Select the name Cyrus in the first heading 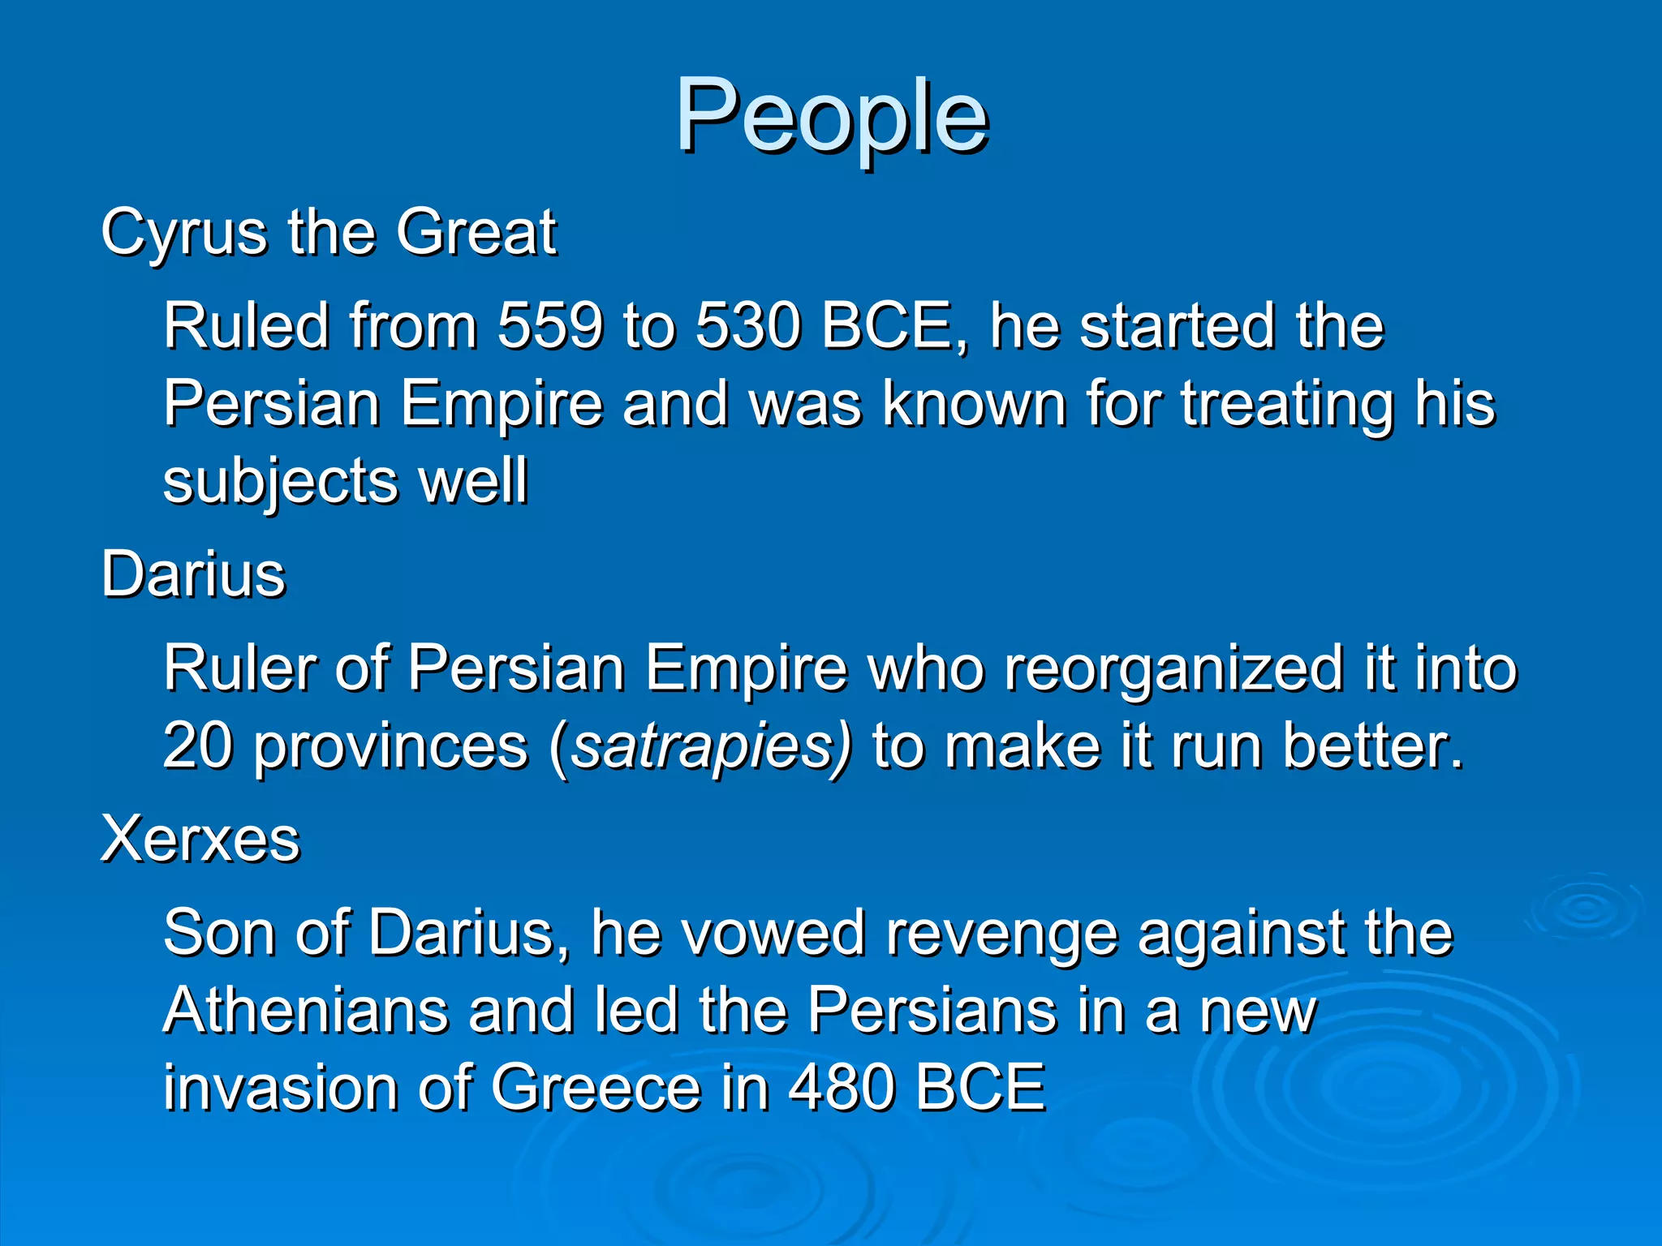click(x=184, y=233)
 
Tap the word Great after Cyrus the click(x=476, y=233)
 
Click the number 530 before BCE click(x=747, y=326)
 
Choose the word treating click(x=1287, y=404)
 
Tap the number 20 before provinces click(x=198, y=745)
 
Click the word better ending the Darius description click(x=1371, y=745)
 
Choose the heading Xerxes click(x=200, y=839)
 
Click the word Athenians click(x=305, y=1011)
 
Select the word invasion click(x=280, y=1089)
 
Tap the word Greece click(x=596, y=1089)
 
